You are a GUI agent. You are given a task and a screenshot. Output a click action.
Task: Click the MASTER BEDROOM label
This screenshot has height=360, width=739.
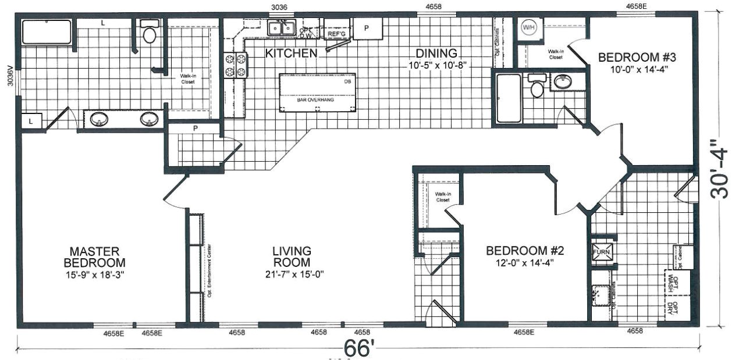[x=94, y=257]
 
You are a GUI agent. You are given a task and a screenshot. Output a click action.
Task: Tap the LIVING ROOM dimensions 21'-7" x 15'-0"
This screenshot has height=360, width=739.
[x=292, y=273]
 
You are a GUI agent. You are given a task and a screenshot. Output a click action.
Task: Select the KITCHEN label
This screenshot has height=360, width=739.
[x=291, y=54]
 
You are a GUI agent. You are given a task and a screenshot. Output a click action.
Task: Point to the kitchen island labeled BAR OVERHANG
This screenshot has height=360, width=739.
[x=318, y=92]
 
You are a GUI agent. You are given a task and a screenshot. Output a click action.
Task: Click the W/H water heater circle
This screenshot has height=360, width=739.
[x=529, y=27]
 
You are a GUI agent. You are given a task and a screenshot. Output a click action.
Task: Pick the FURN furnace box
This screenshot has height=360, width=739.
[x=601, y=253]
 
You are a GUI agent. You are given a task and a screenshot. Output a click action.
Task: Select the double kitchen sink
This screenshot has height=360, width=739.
[x=280, y=27]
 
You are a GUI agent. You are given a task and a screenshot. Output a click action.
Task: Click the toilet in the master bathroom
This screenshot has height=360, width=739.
[x=150, y=33]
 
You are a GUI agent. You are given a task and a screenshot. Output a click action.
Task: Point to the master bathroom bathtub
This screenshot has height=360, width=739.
[x=47, y=33]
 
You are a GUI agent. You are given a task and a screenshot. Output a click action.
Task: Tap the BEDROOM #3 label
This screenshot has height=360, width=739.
[x=637, y=58]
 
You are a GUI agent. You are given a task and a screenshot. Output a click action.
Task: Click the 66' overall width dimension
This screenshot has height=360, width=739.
[x=358, y=348]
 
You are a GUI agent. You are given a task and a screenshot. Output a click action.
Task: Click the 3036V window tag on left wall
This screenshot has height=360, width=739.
[x=10, y=75]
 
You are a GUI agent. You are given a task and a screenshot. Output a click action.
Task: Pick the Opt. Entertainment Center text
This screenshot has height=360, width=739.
[x=209, y=271]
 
